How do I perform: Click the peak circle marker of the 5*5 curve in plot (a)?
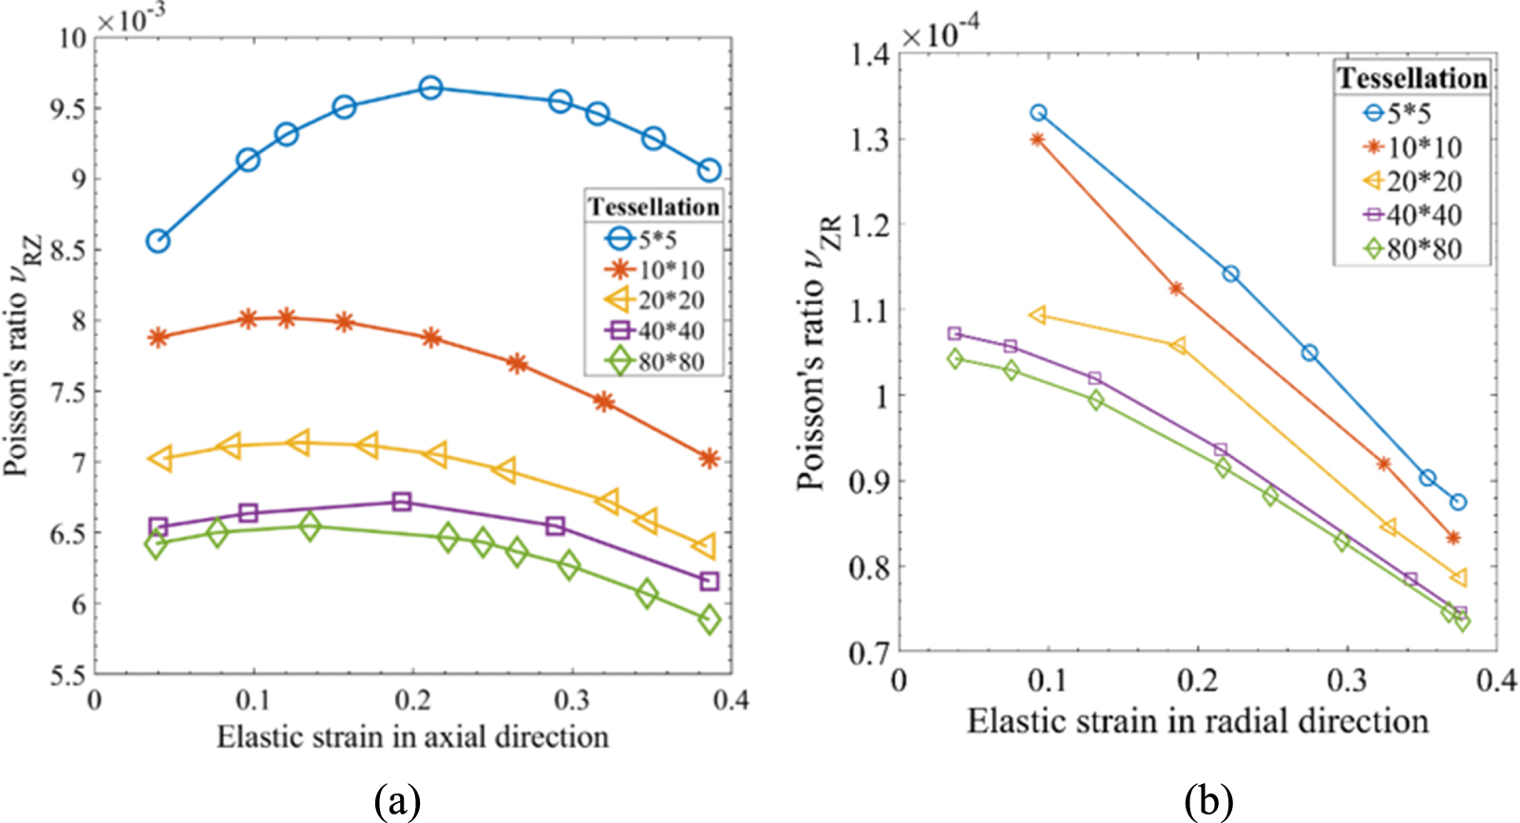pos(430,88)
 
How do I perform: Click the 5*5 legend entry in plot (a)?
pos(655,239)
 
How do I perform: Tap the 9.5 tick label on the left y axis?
pos(67,108)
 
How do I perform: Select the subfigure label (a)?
pos(397,802)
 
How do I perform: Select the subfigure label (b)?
pos(1208,802)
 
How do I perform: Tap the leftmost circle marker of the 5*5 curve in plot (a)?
pos(158,241)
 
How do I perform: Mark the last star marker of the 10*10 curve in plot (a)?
pos(709,459)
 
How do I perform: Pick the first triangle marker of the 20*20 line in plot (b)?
pos(1038,315)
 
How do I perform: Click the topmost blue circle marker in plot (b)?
pos(1038,113)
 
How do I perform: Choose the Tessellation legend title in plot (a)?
pos(653,207)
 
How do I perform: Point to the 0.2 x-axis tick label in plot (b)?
pos(1196,680)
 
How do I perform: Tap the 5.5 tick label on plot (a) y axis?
pos(67,675)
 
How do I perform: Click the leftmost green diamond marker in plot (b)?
pos(956,358)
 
